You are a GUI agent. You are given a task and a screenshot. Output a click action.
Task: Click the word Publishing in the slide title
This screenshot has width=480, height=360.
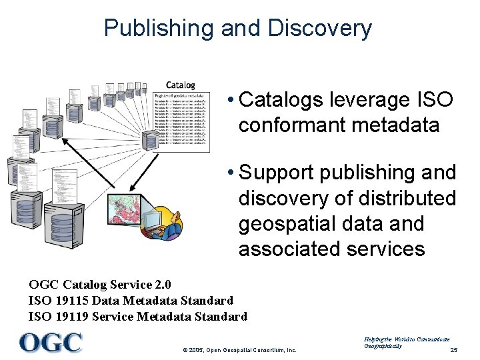click(157, 28)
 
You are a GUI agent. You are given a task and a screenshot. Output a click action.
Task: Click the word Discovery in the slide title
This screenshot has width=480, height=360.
click(319, 28)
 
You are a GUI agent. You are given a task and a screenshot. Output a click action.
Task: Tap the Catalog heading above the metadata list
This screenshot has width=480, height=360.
click(180, 85)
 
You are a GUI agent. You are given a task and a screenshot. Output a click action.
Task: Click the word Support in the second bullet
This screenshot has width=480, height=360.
click(276, 173)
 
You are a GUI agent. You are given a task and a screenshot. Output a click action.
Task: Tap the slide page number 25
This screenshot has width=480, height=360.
click(454, 350)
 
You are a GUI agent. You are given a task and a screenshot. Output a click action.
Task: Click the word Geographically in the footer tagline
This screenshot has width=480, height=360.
click(383, 347)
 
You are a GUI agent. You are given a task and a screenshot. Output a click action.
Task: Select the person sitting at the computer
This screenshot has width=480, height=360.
click(171, 223)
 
